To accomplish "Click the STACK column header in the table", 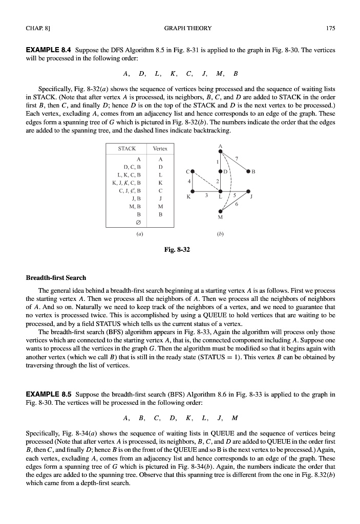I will tap(127, 148).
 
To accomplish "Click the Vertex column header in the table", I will tap(160, 148).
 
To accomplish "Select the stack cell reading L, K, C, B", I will tap(129, 174).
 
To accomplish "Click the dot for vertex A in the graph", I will tap(220, 151).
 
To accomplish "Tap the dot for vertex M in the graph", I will tap(220, 211).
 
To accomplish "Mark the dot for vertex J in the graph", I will tap(250, 192).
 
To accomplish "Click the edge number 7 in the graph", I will tap(237, 158).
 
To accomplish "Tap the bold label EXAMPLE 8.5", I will tap(49, 380).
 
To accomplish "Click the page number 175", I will tap(330, 29).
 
